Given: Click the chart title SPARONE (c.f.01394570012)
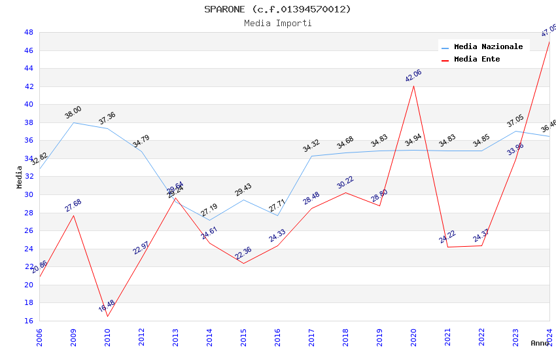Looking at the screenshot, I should (x=277, y=9).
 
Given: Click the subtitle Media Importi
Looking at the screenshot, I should (x=277, y=24).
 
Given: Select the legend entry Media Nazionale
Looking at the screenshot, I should (x=488, y=46).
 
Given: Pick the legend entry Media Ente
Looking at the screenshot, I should (x=477, y=59).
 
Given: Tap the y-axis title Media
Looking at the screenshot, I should (x=19, y=177).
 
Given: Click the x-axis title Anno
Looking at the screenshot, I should (x=540, y=343).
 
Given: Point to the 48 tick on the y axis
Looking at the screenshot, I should (x=28, y=32).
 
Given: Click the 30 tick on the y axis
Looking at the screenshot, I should (x=28, y=194).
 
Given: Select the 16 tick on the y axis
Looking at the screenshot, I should (x=28, y=321).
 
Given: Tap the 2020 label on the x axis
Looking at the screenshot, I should (x=413, y=338).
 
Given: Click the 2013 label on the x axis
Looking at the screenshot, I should (x=175, y=338).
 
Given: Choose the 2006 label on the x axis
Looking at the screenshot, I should (x=39, y=338).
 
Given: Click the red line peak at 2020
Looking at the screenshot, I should (x=413, y=86).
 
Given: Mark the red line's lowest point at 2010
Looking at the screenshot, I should (x=107, y=317).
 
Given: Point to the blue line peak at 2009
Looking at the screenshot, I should (x=73, y=122).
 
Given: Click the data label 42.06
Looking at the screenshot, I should (x=413, y=75).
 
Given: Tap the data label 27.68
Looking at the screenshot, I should (x=73, y=205).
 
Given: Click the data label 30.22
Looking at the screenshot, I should (x=345, y=182).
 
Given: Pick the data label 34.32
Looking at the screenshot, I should (x=311, y=145).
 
